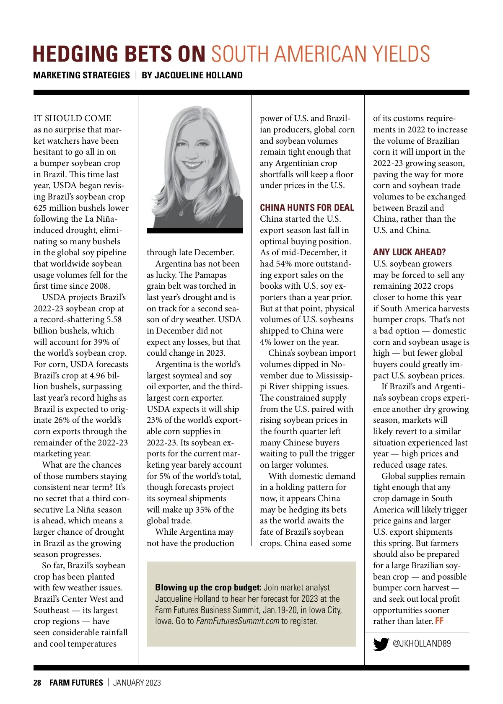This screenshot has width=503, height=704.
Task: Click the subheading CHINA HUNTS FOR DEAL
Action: point(307,208)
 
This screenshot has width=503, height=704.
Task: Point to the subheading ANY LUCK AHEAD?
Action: point(409,252)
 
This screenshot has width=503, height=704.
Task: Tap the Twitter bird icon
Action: point(381,644)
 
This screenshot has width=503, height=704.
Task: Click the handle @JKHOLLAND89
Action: point(421,644)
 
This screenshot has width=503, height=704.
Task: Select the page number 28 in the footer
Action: point(37,683)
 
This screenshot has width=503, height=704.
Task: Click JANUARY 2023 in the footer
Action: point(137,683)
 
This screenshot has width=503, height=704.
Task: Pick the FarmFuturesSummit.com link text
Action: point(238,621)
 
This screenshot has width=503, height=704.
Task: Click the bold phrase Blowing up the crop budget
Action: point(208,588)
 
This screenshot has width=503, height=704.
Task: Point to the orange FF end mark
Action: point(439,621)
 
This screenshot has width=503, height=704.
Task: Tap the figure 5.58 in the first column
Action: point(114,319)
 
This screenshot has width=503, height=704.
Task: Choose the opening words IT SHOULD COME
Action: point(73,118)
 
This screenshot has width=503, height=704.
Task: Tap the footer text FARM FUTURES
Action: point(76,683)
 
